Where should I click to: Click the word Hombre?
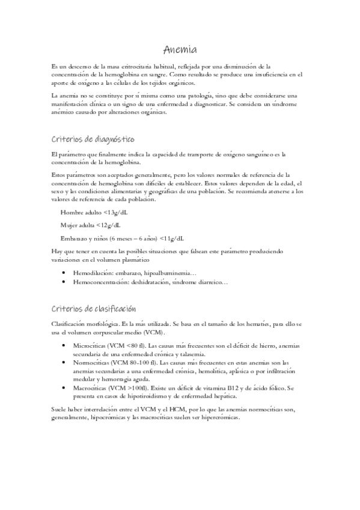coord(72,213)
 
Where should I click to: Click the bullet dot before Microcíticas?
coord(64,346)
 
